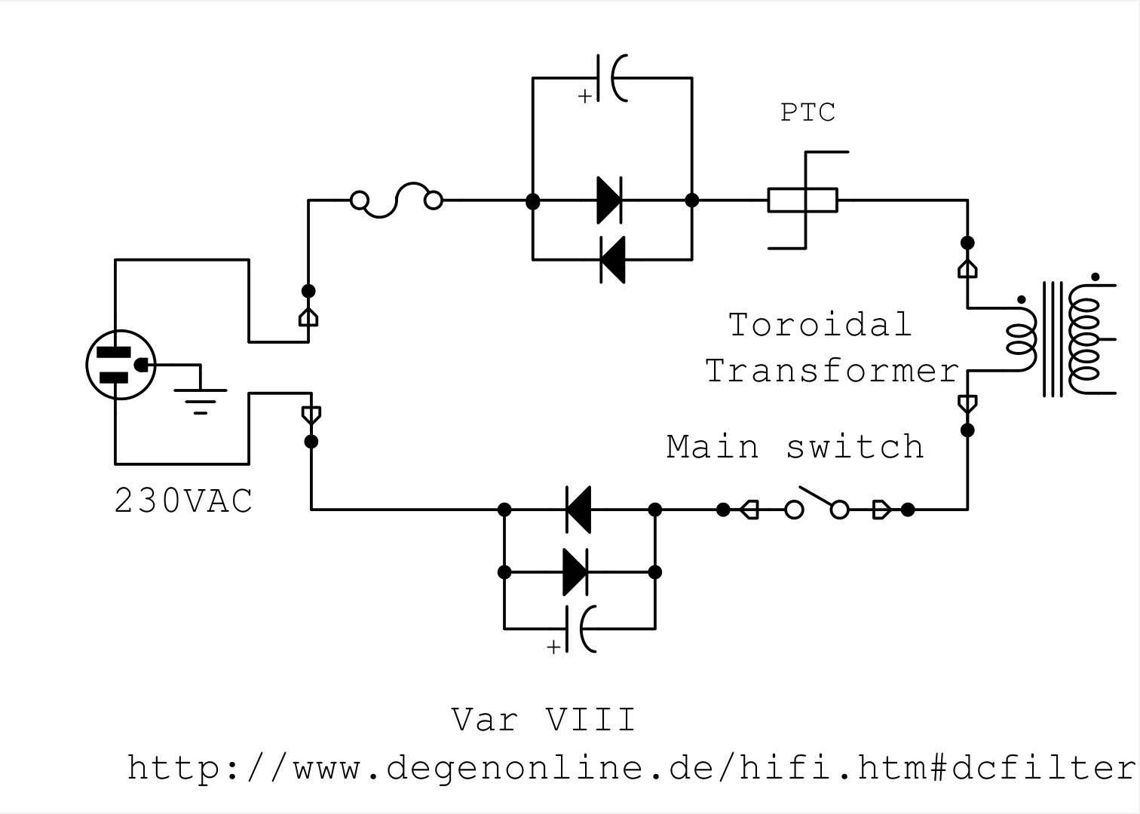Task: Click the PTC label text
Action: [x=807, y=112]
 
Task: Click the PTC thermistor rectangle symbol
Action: [x=802, y=200]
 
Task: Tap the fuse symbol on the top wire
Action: [x=397, y=200]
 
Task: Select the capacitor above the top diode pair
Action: [x=612, y=78]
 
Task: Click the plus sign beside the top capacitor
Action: [x=585, y=96]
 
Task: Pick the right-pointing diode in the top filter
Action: [x=609, y=200]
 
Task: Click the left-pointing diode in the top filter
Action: [x=612, y=259]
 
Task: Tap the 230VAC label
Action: [x=183, y=500]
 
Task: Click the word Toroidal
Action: [x=820, y=325]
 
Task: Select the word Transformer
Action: [x=832, y=370]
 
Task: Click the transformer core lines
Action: [x=1053, y=339]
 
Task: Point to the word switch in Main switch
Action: [x=855, y=447]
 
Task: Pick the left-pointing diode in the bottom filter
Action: [x=578, y=510]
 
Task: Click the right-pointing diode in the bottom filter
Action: [x=575, y=572]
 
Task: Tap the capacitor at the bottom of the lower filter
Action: [x=581, y=629]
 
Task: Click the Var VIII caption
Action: [x=544, y=719]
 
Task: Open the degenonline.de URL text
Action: [x=631, y=767]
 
